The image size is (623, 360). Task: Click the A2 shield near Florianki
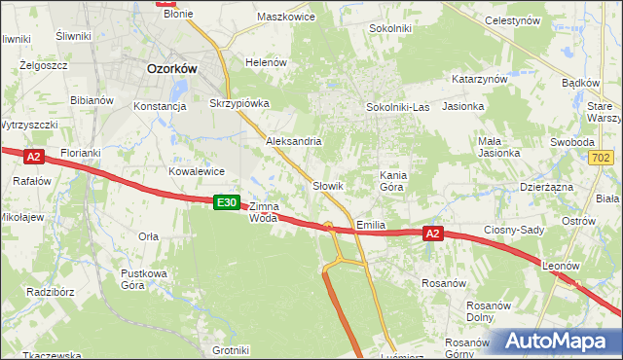pos(34,157)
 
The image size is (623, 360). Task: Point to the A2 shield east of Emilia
pos(433,234)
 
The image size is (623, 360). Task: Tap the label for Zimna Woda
pos(264,212)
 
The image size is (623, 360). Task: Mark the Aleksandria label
pos(294,141)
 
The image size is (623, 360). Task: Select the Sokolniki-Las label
pos(397,106)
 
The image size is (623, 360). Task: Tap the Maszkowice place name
pos(285,18)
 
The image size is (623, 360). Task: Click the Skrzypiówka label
pos(238,102)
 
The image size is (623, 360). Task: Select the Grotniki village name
pos(231,350)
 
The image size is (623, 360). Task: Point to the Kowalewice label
pos(197,170)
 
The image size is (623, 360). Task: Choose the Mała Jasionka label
pos(498,147)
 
